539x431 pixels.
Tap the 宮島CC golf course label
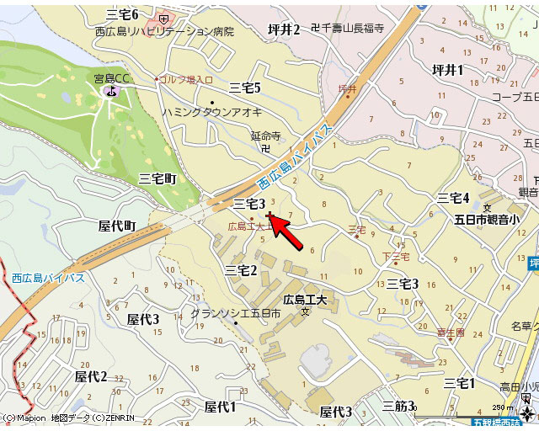(x=112, y=79)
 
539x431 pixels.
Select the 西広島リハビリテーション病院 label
(x=164, y=31)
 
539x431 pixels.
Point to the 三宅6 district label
(x=123, y=14)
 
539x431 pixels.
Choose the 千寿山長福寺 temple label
(x=352, y=28)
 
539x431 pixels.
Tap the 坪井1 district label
(x=448, y=70)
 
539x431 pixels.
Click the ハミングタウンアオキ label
(x=212, y=112)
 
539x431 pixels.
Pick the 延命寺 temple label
(x=264, y=135)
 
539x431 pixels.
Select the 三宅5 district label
(x=245, y=88)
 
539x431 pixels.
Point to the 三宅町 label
(x=157, y=178)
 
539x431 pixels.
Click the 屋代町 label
(x=117, y=226)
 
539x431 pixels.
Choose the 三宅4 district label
(x=453, y=198)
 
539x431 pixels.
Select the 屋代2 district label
(x=92, y=376)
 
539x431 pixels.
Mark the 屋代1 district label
(x=221, y=407)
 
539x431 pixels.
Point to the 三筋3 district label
(x=398, y=407)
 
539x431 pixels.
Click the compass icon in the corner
(x=528, y=413)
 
